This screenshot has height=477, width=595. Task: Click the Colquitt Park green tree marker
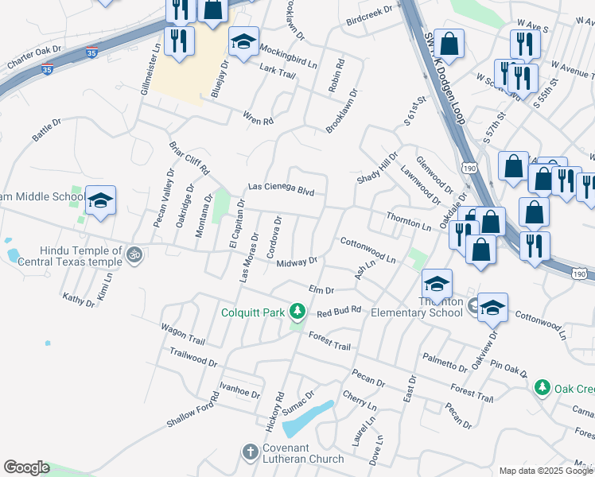pos(297,310)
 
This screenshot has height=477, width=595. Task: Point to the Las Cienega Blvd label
pos(281,189)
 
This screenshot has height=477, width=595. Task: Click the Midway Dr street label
pos(297,262)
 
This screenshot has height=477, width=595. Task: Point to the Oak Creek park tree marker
pos(542,387)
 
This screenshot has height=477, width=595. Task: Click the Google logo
pos(26,467)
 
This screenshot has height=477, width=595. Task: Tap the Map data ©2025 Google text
pos(546,471)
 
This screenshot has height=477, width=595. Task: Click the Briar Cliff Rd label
pos(189,158)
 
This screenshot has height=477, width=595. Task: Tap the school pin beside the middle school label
pos(101,201)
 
